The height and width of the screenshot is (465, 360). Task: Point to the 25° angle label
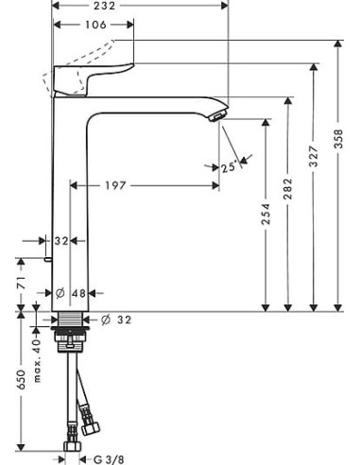pyautogui.click(x=227, y=167)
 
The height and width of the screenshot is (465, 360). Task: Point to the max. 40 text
pyautogui.click(x=37, y=356)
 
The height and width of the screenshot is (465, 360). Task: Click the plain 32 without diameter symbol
pyautogui.click(x=62, y=241)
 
